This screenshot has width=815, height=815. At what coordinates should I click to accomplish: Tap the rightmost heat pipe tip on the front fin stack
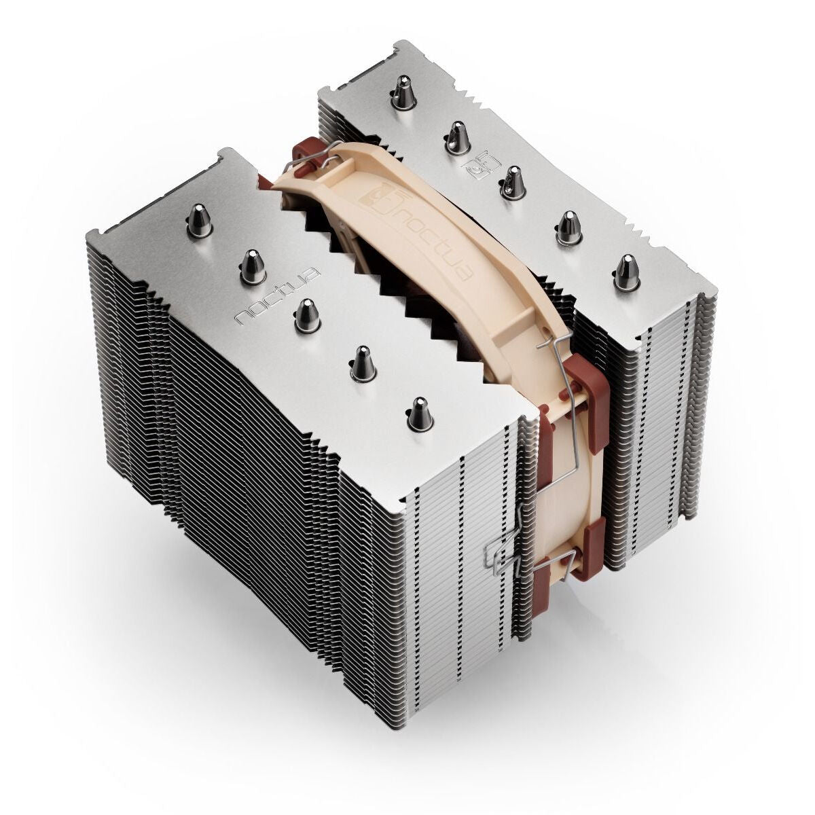418,412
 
